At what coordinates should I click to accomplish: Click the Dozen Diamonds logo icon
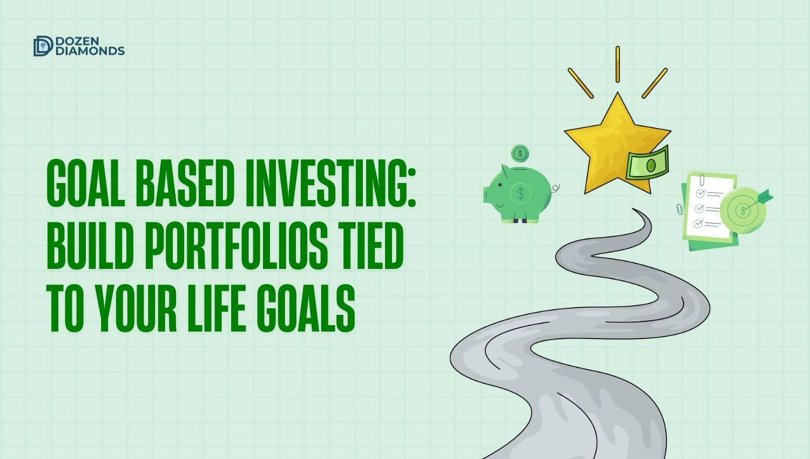coord(43,46)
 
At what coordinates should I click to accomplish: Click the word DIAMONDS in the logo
coord(90,51)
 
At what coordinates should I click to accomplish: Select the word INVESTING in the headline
coord(330,183)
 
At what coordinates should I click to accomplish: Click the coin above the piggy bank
coord(520,154)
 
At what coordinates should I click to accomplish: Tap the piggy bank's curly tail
coord(556,187)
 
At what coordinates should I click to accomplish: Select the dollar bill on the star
coord(647,164)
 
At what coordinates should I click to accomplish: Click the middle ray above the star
coord(618,64)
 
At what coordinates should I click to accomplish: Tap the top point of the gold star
coord(617,96)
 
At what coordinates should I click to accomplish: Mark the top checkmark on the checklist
coord(700,193)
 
